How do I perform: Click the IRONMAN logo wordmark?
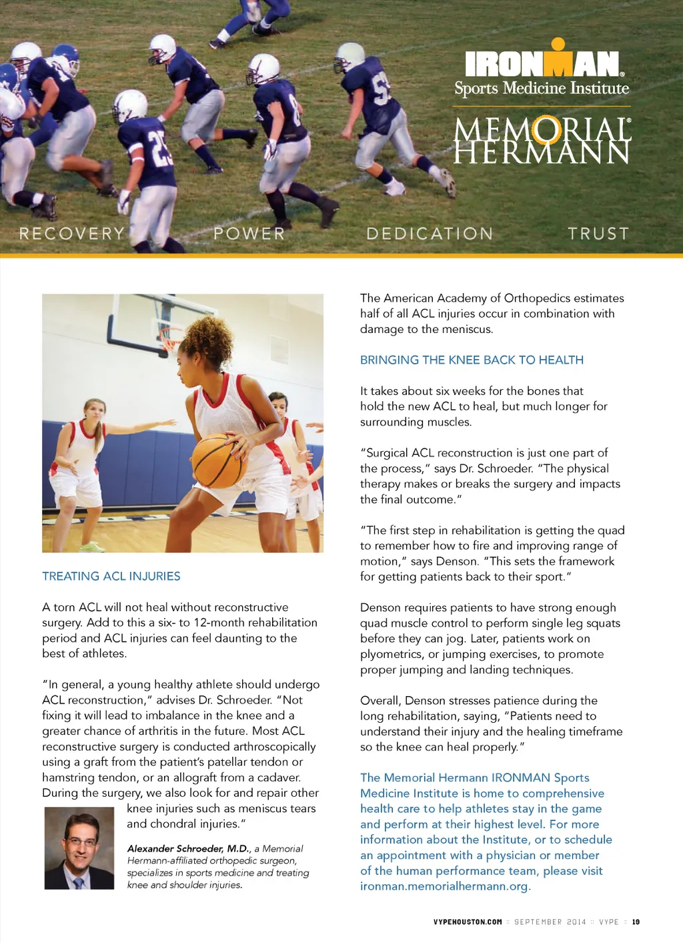coord(544,64)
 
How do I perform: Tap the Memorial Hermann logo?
coord(542,141)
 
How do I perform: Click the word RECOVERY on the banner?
coord(72,234)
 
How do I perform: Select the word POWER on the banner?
coord(249,234)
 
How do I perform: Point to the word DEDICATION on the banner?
coord(430,234)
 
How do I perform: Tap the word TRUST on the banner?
coord(598,234)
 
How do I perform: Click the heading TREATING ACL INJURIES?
coord(111,576)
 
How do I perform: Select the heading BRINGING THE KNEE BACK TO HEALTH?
coord(472,360)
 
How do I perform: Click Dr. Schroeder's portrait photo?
coord(79,848)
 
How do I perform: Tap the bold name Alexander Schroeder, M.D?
coord(188,848)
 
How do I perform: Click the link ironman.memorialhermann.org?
coord(444,886)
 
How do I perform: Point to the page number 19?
coord(636,922)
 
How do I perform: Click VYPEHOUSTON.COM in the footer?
coord(468,922)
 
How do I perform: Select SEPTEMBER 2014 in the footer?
coord(550,922)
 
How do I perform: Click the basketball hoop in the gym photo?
coord(171,340)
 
